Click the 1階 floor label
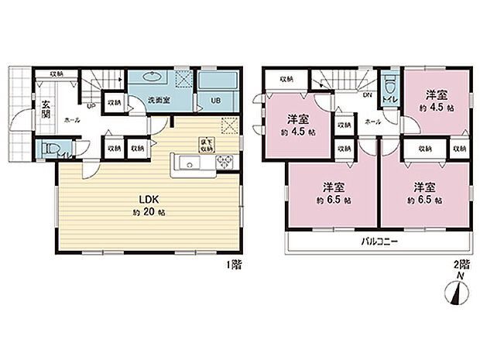[x=233, y=265]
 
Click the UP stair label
[x=92, y=107]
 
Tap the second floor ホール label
[x=371, y=122]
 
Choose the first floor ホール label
[x=71, y=120]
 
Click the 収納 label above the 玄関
[x=57, y=74]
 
